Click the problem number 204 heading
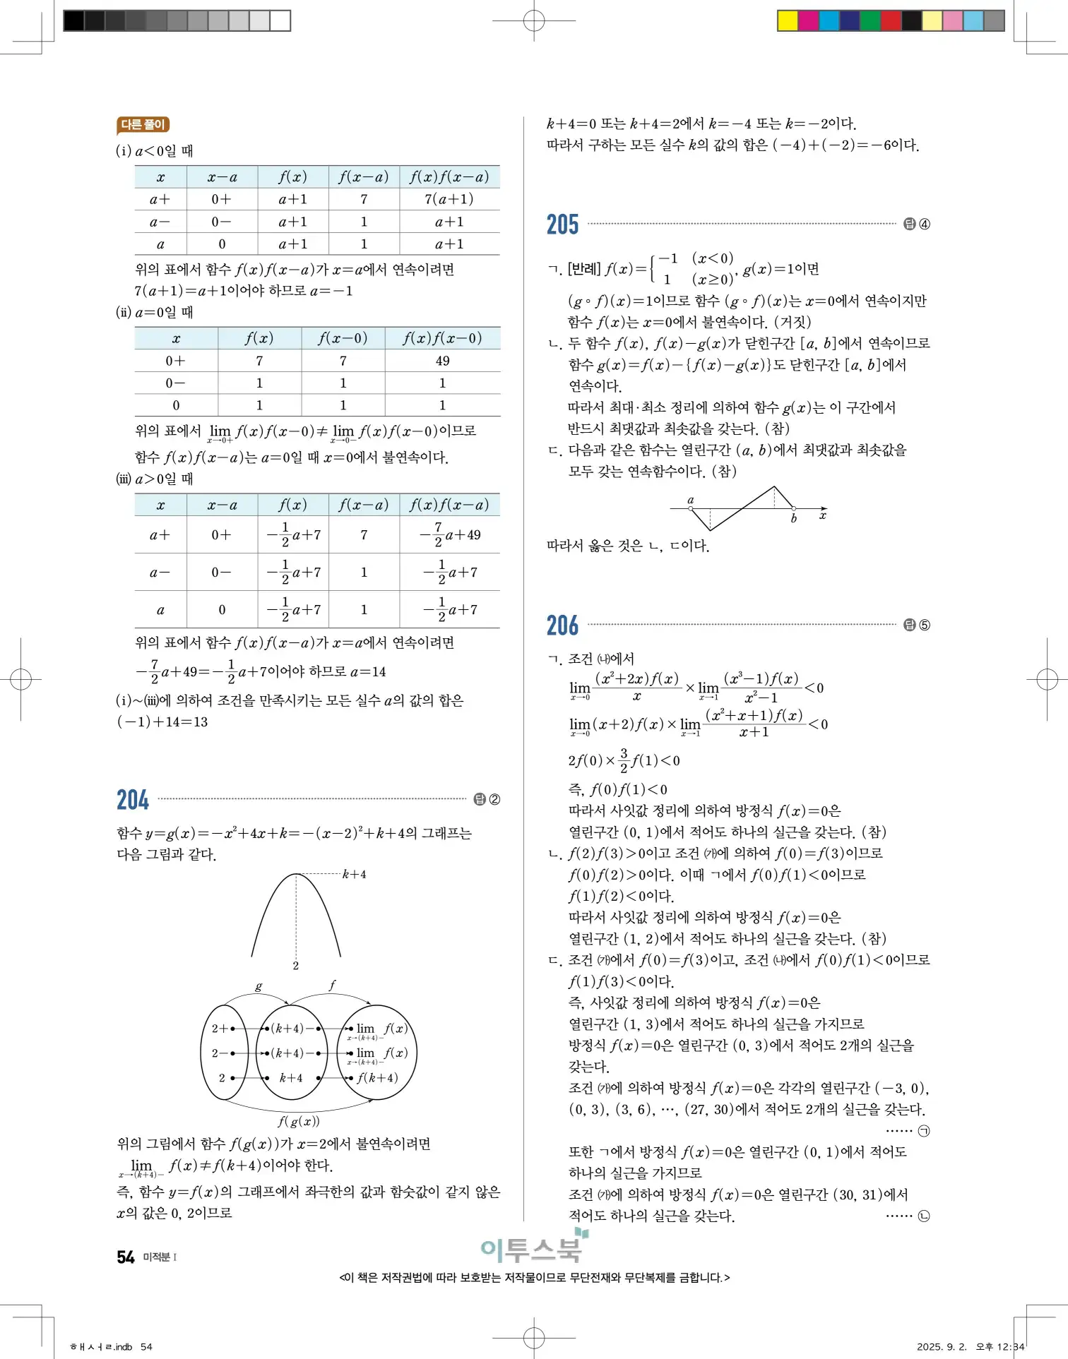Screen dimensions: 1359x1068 coord(133,800)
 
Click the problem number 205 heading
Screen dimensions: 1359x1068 coord(562,224)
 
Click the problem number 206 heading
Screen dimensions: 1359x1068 coord(562,625)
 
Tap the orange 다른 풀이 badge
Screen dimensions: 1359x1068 coord(143,125)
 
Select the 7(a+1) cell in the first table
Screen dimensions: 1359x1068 coord(449,199)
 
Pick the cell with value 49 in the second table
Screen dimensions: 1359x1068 coord(442,361)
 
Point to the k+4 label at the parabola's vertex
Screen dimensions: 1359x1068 coord(354,875)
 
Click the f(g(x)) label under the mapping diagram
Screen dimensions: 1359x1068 coord(298,1121)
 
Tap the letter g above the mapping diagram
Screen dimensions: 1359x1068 coord(259,987)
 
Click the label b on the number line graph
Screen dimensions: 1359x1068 coord(794,519)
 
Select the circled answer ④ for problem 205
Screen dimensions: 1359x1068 coord(925,224)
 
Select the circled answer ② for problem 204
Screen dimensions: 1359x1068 coord(494,800)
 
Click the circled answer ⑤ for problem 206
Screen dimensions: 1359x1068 coord(925,625)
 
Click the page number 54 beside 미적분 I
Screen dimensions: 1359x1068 coord(126,1257)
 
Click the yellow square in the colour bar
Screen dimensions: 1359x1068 coord(788,20)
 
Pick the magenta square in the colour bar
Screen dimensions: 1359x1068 coord(808,20)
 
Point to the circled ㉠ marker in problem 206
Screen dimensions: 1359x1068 coord(924,1131)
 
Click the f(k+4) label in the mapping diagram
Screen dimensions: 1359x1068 coord(377,1078)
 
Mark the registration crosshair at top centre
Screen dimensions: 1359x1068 coord(534,21)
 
